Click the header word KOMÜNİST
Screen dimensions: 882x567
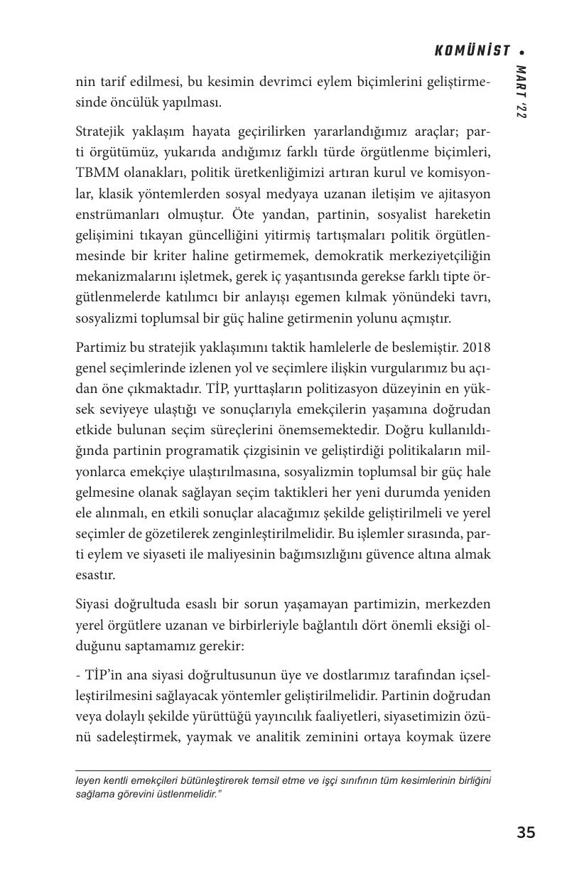[x=472, y=50]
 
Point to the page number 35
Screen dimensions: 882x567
[x=526, y=833]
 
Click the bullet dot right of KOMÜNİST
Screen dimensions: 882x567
[x=522, y=52]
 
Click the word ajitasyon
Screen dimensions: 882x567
[x=463, y=194]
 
